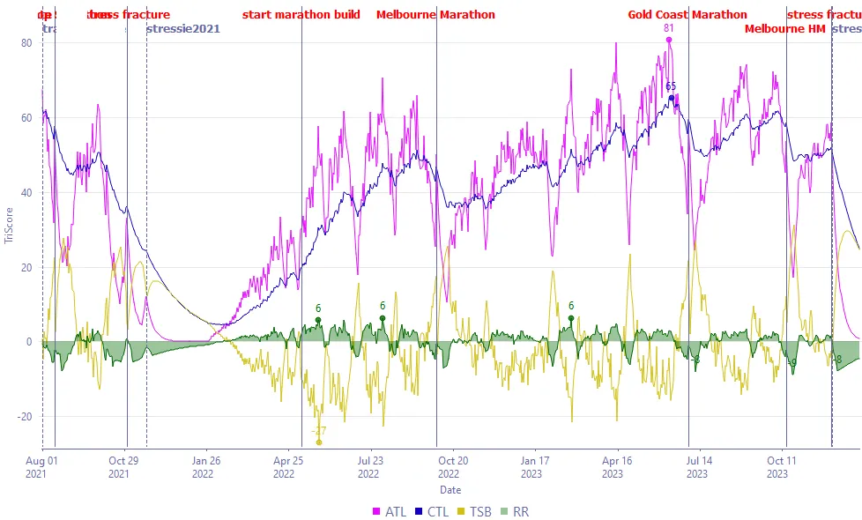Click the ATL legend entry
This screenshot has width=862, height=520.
(x=390, y=511)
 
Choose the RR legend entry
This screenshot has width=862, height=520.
(x=520, y=511)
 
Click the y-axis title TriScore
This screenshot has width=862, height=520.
(x=10, y=227)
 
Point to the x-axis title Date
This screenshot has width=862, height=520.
(x=450, y=490)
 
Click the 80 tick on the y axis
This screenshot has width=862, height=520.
(x=26, y=42)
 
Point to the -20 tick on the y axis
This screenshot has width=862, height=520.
(x=25, y=417)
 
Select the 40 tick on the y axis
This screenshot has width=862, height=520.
(x=26, y=192)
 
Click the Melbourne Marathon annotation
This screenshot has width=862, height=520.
(x=435, y=15)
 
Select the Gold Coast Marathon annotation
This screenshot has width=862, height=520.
(x=687, y=15)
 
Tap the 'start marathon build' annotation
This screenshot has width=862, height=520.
(x=301, y=15)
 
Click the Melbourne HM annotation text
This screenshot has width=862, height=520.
(x=784, y=28)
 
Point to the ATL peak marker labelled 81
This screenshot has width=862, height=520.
(x=669, y=40)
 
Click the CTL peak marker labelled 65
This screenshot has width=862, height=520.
(x=671, y=98)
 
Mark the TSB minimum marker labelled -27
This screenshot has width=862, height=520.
(x=319, y=442)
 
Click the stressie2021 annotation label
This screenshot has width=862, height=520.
(x=182, y=28)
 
